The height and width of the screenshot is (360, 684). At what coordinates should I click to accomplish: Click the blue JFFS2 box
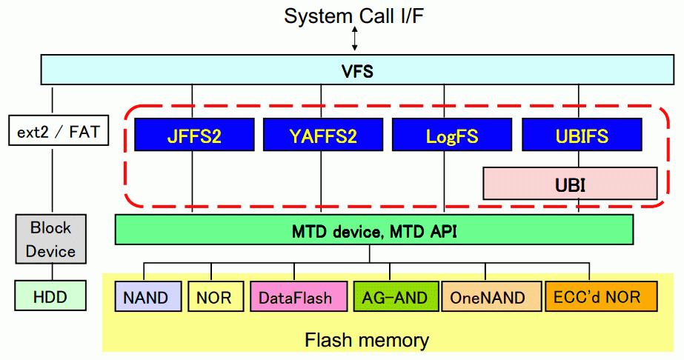(193, 136)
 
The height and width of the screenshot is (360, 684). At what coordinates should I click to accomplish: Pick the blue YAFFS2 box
(321, 136)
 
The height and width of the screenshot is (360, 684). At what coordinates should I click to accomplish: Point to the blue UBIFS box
(582, 136)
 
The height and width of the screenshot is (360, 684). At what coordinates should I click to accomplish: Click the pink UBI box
(570, 184)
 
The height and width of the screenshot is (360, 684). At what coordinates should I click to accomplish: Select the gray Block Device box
(50, 239)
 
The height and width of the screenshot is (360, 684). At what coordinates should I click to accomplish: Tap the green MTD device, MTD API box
(374, 230)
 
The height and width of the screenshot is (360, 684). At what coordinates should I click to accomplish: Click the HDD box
(50, 298)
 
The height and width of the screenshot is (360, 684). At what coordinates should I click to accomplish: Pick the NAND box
(147, 297)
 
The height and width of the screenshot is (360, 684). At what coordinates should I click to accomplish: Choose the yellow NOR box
(214, 297)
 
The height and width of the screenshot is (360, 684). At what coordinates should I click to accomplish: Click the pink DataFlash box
(299, 297)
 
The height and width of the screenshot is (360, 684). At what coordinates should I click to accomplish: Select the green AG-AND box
(395, 297)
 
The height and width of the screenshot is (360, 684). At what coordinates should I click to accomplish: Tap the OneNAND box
(491, 297)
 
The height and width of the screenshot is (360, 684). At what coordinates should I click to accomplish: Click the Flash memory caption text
(366, 340)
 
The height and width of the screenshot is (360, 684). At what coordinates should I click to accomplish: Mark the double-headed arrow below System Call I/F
(355, 39)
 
